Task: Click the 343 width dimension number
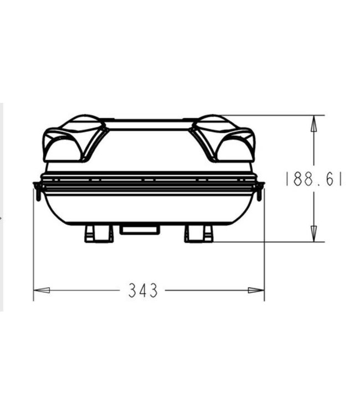(x=143, y=290)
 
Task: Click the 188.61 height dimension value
(x=313, y=179)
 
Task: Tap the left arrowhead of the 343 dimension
(x=42, y=290)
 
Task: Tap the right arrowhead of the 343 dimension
(x=256, y=290)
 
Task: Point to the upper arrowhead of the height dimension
(x=313, y=123)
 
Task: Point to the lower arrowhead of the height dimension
(x=313, y=234)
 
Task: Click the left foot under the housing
(x=99, y=234)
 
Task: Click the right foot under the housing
(x=198, y=234)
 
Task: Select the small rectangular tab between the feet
(x=140, y=230)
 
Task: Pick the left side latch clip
(x=37, y=190)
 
